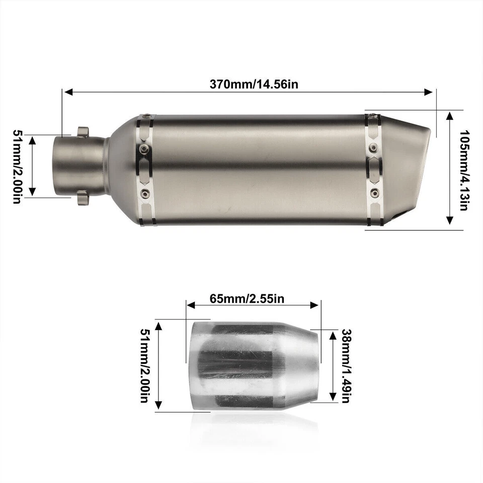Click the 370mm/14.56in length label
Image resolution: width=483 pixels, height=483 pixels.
[x=254, y=84]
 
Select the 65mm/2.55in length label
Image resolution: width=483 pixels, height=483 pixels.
[x=247, y=299]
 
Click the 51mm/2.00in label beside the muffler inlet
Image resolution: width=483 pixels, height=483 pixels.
[x=17, y=167]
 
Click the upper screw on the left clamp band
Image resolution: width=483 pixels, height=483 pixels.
[x=145, y=148]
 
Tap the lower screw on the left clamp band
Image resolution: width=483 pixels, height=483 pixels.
[x=145, y=194]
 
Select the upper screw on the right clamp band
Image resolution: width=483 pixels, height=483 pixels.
[x=373, y=147]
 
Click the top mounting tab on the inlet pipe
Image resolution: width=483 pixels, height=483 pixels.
[x=83, y=131]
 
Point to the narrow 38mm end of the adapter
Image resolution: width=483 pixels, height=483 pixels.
[x=316, y=366]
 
